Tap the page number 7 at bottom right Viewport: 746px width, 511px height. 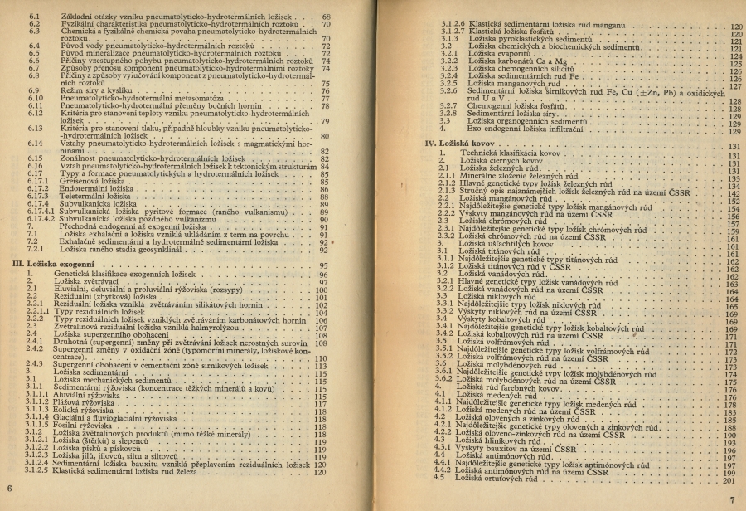coord(733,500)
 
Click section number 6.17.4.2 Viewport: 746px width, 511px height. coord(40,219)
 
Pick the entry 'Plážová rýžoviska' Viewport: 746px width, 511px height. coord(89,403)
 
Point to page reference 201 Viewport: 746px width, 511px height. coord(729,480)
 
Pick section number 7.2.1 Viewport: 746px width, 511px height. coord(35,249)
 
